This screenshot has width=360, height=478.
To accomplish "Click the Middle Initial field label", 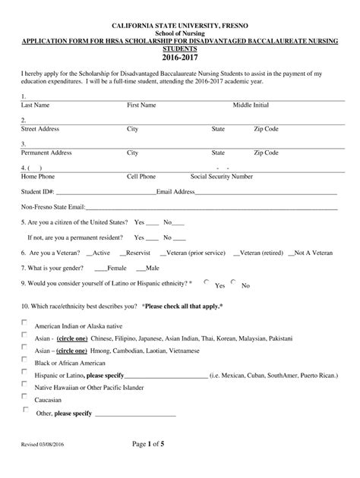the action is point(255,105).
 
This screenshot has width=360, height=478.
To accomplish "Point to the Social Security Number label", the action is point(222,176).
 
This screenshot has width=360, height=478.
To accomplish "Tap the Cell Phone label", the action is point(142,176).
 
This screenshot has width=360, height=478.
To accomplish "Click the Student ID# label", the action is point(38,192).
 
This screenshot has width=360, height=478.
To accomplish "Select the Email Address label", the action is point(175,192).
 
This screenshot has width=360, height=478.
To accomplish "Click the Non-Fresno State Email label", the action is point(52,206).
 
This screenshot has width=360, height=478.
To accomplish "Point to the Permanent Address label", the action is point(46,153).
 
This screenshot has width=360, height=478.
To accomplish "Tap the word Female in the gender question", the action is point(117,268).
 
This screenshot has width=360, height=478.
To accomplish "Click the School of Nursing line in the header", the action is point(180,33).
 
